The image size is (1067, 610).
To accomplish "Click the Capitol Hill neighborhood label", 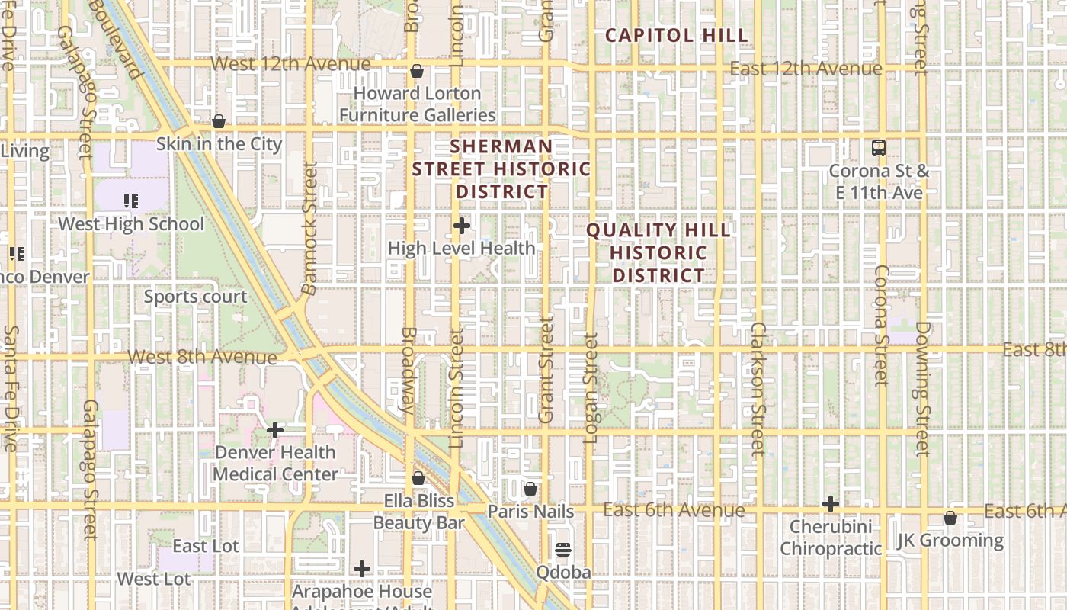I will (x=676, y=35).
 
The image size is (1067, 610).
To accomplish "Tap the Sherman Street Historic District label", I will (x=501, y=169).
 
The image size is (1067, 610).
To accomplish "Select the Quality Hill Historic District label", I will (x=658, y=252).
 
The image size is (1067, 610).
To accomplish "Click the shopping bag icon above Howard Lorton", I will (x=417, y=72).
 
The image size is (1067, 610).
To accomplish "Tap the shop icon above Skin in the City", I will (x=219, y=121).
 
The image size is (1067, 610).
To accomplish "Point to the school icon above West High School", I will (x=131, y=201).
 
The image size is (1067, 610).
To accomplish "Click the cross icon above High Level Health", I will (x=461, y=226).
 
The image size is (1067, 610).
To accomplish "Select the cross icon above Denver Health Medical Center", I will (x=275, y=430).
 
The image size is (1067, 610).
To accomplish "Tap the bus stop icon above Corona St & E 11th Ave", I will (x=879, y=148).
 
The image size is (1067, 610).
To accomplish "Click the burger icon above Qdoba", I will (x=563, y=550).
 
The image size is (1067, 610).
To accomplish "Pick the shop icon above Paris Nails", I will (x=530, y=489).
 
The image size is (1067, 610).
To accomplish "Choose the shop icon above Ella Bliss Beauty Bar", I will (x=418, y=479).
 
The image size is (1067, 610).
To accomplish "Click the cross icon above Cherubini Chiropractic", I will (x=831, y=504).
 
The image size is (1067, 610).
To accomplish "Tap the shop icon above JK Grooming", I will (x=950, y=518).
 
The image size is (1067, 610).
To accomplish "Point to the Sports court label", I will (x=195, y=297).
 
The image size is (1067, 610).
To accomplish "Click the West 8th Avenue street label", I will (x=202, y=357).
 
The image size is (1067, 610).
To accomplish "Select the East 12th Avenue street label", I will (x=806, y=69).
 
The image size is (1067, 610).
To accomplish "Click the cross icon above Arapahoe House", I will (x=362, y=569).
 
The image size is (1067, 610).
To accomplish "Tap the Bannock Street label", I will (x=309, y=228).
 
